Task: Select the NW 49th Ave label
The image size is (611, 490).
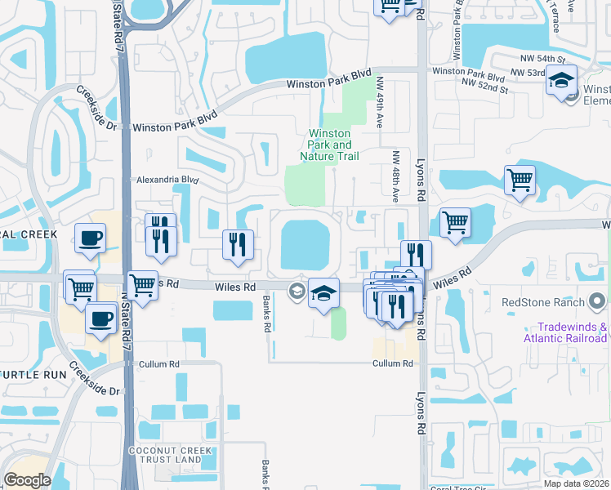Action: (x=380, y=102)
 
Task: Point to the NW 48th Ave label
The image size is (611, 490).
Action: (x=395, y=176)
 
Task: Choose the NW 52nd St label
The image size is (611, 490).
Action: (x=484, y=83)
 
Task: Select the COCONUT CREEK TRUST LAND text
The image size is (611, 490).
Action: (x=163, y=456)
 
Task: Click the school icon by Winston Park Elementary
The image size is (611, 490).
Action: (x=562, y=80)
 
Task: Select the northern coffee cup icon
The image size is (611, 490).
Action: (x=90, y=238)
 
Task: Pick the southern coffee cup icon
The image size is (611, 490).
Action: (x=100, y=318)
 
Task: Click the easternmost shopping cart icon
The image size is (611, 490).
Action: (x=520, y=180)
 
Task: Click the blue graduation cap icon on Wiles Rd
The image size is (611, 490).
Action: (x=324, y=293)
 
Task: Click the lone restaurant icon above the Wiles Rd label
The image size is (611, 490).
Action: (x=239, y=244)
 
